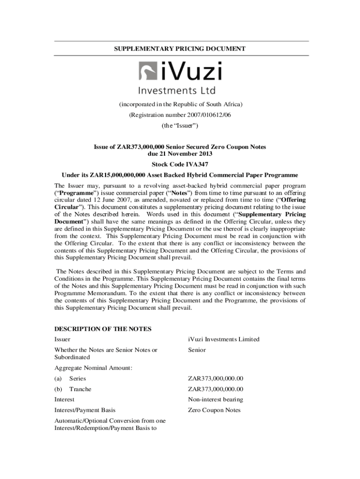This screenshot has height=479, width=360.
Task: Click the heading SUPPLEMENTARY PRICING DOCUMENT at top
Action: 180,49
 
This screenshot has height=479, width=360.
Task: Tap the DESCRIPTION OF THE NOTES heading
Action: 103,329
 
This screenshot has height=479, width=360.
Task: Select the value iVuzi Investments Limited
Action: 223,339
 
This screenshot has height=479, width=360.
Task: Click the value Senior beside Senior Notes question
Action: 197,350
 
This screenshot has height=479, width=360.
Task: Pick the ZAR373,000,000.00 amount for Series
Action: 216,378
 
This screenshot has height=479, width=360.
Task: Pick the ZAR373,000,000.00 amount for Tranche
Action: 216,389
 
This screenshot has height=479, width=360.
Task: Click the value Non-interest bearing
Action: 216,399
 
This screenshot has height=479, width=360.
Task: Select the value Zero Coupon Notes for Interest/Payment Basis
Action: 214,410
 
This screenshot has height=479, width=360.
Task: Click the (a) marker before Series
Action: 58,378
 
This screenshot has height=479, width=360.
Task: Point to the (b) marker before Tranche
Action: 58,389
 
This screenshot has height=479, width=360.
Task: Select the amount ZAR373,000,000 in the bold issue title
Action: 135,147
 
